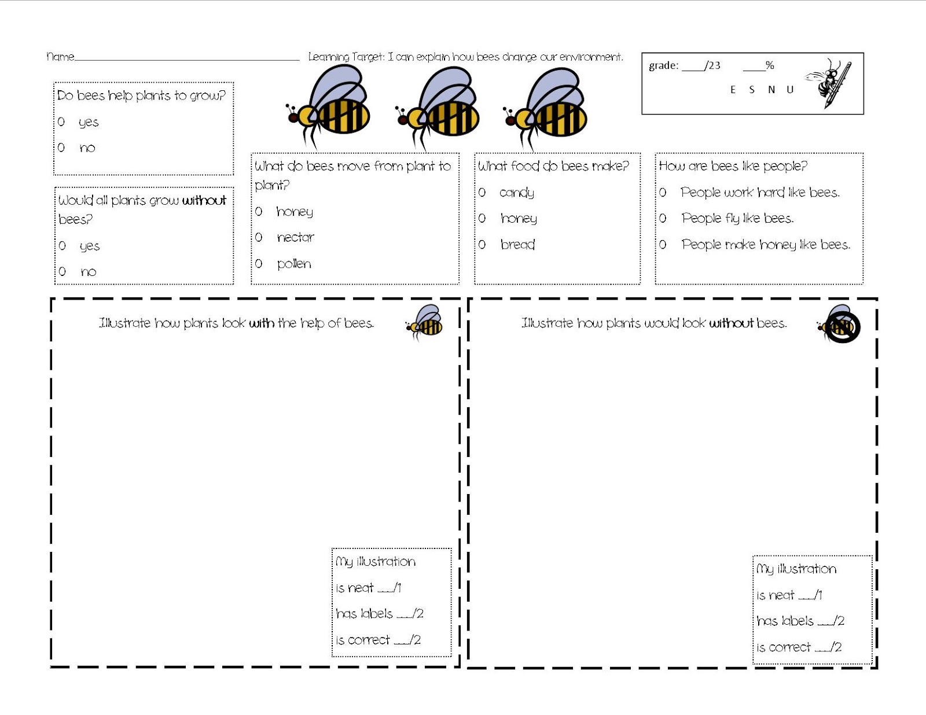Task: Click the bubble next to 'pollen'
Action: pos(259,264)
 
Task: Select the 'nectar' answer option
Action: pos(295,237)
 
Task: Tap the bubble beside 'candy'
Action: pos(482,192)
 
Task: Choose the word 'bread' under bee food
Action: pos(517,245)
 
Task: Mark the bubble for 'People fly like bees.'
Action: pos(663,218)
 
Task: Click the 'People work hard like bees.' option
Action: pos(759,192)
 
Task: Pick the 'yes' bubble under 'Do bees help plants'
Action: pos(61,121)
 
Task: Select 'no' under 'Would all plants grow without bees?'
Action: pos(63,271)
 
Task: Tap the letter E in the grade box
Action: pos(733,90)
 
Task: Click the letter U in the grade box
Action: pos(790,90)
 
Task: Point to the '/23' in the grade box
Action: pos(713,65)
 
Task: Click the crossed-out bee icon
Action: pos(840,326)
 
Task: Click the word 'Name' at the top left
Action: pos(60,57)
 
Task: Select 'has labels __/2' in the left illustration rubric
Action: pos(379,614)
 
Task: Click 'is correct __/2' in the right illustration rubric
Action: pos(799,647)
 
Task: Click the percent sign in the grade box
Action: pos(770,65)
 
